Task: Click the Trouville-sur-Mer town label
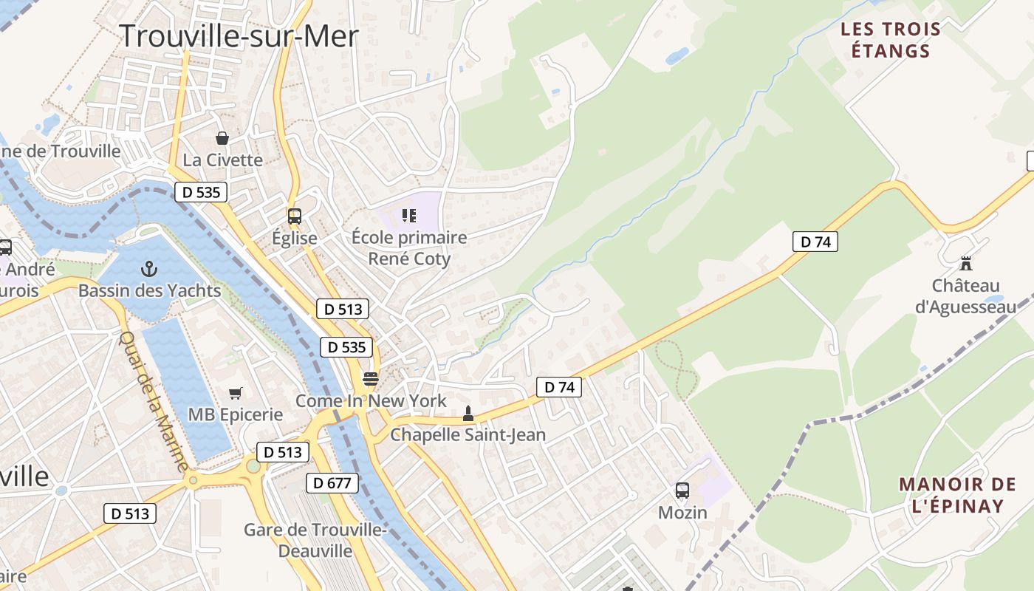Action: pyautogui.click(x=239, y=35)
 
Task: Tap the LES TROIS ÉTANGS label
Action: pyautogui.click(x=891, y=41)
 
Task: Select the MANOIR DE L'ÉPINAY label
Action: pyautogui.click(x=957, y=495)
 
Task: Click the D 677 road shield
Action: pyautogui.click(x=332, y=483)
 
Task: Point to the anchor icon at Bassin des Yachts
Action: pyautogui.click(x=149, y=269)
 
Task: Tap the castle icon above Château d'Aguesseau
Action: pyautogui.click(x=965, y=263)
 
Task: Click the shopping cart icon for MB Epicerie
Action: pyautogui.click(x=236, y=393)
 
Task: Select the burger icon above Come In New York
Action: pyautogui.click(x=371, y=379)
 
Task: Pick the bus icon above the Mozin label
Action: pyautogui.click(x=682, y=491)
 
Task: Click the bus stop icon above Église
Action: pyautogui.click(x=295, y=216)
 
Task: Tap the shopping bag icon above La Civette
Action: pyautogui.click(x=222, y=138)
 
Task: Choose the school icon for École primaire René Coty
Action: pyautogui.click(x=409, y=216)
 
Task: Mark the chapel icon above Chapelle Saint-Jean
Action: pyautogui.click(x=468, y=414)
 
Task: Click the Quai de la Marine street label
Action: pyautogui.click(x=154, y=402)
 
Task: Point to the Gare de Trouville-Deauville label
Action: pyautogui.click(x=315, y=540)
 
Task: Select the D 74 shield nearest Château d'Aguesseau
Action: pyautogui.click(x=815, y=242)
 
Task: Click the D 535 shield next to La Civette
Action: pyautogui.click(x=201, y=193)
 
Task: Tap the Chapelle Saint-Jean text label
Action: pyautogui.click(x=468, y=434)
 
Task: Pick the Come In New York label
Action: pyautogui.click(x=371, y=400)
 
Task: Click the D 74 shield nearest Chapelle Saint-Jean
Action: pyautogui.click(x=559, y=386)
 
